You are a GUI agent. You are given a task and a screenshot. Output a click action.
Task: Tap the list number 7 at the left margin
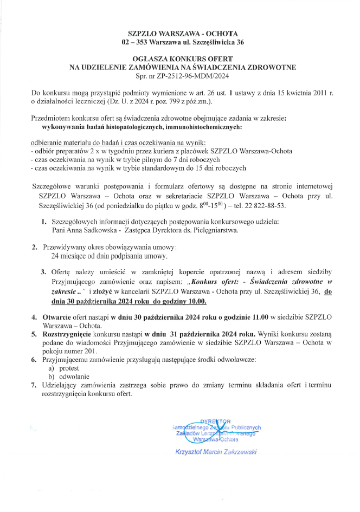pos(34,385)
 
